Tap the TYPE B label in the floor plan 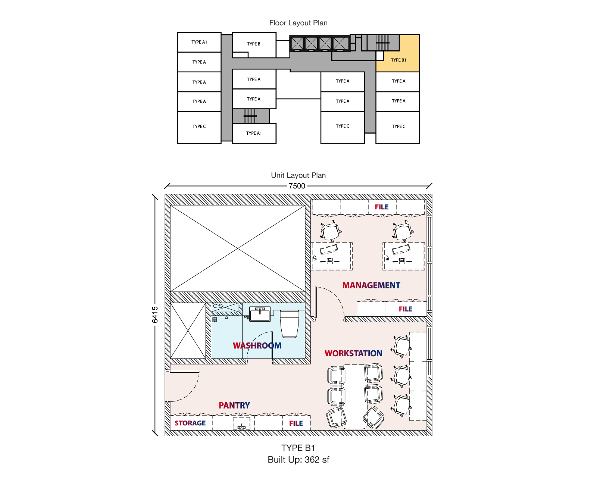254,44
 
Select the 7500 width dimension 297,186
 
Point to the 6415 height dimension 155,315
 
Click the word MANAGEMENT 371,285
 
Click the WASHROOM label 257,345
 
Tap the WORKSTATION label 353,353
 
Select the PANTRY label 234,406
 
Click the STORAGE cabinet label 190,423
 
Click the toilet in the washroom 290,323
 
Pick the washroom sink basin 260,314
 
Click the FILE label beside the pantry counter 296,423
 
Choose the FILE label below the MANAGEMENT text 406,309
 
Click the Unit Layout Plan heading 298,175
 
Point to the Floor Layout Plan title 298,23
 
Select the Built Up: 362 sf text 298,460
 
